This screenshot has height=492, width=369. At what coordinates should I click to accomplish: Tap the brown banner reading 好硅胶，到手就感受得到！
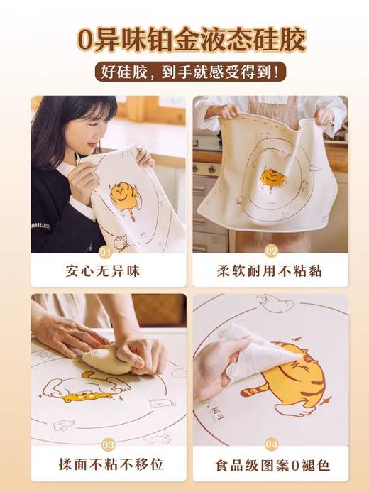tap(184, 72)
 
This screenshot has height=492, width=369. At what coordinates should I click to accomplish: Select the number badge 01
tap(106, 251)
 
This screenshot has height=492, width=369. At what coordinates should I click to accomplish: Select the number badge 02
tap(270, 251)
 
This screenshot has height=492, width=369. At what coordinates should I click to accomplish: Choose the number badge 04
tap(271, 444)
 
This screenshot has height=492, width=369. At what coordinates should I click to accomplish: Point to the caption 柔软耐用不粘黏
tap(270, 270)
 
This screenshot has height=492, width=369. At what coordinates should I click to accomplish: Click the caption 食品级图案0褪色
tap(270, 464)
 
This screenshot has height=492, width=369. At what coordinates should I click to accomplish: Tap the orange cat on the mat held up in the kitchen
tap(272, 177)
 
